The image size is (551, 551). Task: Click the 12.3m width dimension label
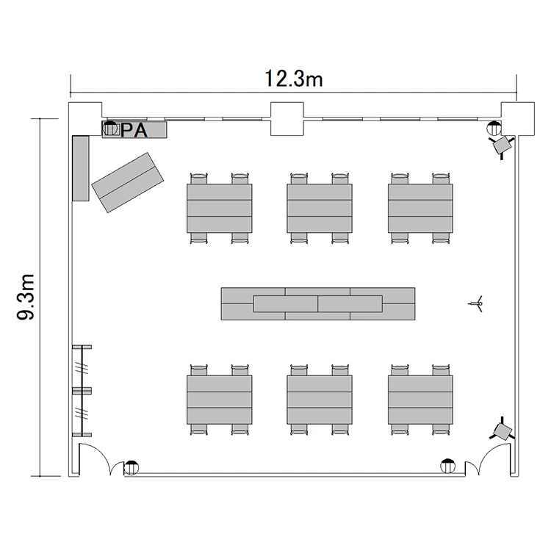click(x=293, y=79)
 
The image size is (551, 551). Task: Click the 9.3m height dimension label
click(x=26, y=297)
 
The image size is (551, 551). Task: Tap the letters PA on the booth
click(x=134, y=130)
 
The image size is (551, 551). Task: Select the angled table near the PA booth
click(x=128, y=182)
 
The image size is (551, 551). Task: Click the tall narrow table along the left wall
click(x=81, y=168)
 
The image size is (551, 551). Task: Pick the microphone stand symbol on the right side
click(x=477, y=303)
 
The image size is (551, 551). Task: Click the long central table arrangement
click(x=318, y=303)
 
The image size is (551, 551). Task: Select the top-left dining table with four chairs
click(x=219, y=208)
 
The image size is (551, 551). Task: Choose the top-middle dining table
click(x=320, y=208)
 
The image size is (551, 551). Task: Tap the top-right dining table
click(x=420, y=208)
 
